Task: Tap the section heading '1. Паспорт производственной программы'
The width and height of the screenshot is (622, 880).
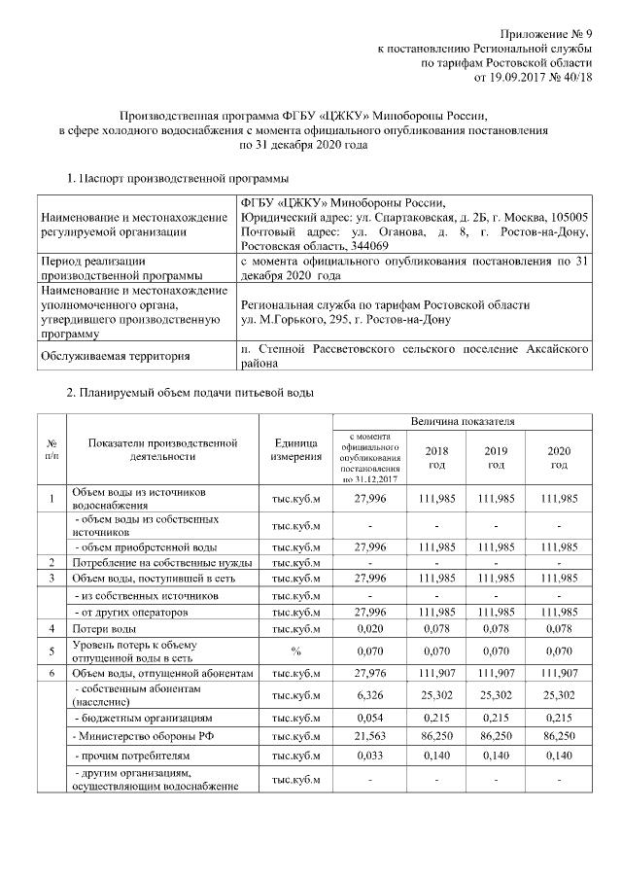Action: click(176, 179)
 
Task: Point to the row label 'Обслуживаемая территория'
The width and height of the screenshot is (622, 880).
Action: click(115, 356)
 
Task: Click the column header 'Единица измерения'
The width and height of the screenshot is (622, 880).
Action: click(296, 450)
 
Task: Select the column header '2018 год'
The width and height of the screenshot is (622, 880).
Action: click(435, 458)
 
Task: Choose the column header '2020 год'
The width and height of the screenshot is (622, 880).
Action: click(558, 458)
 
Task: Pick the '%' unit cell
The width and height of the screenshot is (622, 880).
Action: click(296, 651)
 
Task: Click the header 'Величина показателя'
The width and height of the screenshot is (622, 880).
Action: click(462, 421)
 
